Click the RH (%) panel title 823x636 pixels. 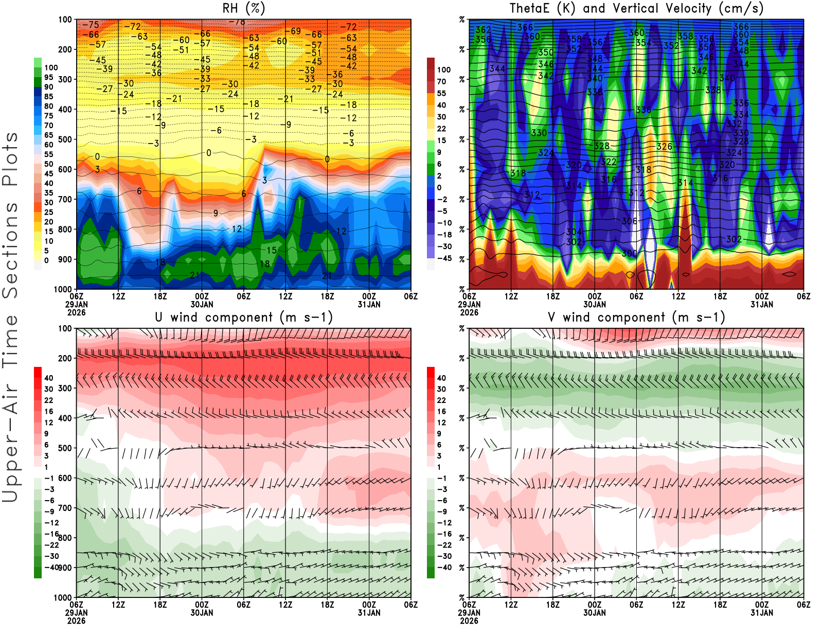[243, 8]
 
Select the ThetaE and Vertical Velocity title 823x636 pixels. [636, 8]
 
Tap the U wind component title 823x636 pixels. [244, 317]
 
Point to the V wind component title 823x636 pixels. [636, 317]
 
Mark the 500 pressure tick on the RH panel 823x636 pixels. [65, 139]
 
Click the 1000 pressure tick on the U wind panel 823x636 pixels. [63, 597]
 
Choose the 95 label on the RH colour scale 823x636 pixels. [48, 77]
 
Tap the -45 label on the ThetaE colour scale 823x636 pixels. [444, 258]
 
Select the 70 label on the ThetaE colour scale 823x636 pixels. [441, 81]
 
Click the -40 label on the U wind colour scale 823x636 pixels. [51, 567]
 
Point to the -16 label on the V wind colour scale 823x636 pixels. [444, 534]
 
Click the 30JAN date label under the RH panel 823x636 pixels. [202, 304]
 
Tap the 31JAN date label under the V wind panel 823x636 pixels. [762, 613]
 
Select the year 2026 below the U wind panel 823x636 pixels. [76, 621]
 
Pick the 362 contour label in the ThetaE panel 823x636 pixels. [483, 30]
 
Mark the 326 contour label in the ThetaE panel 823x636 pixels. [664, 147]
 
